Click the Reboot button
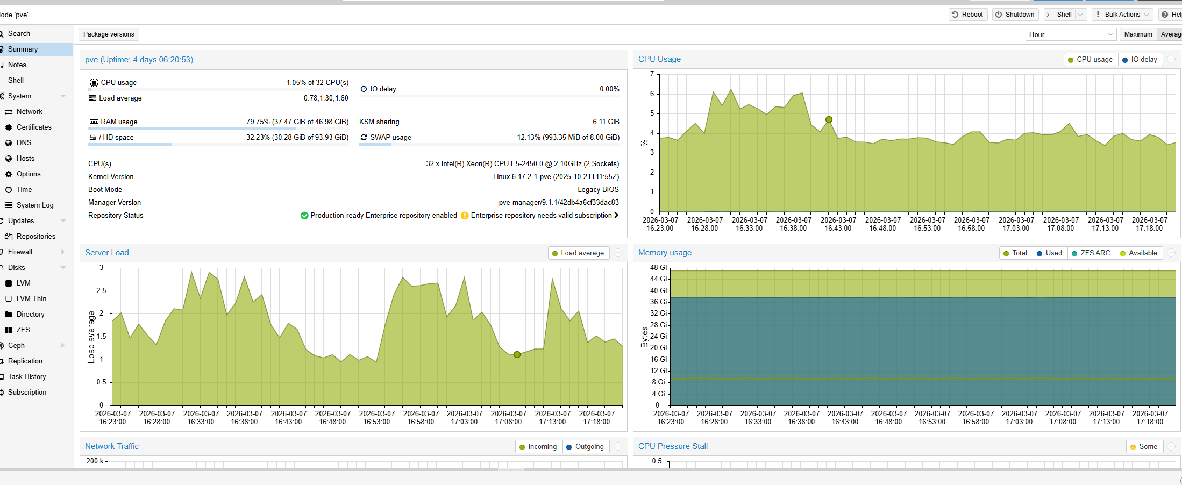[967, 15]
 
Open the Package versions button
[109, 34]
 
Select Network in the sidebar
[29, 112]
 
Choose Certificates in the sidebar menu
[34, 127]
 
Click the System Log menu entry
[35, 205]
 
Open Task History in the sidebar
[27, 377]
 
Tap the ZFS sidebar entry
[23, 330]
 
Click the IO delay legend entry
[1140, 60]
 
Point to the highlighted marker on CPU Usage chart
[829, 120]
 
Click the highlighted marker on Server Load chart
[517, 355]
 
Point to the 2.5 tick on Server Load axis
[101, 291]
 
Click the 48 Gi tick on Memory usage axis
[658, 268]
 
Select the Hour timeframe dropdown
[1070, 34]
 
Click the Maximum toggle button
[1138, 34]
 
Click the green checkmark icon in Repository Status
[304, 216]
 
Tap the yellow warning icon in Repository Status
[465, 216]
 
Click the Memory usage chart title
[665, 253]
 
